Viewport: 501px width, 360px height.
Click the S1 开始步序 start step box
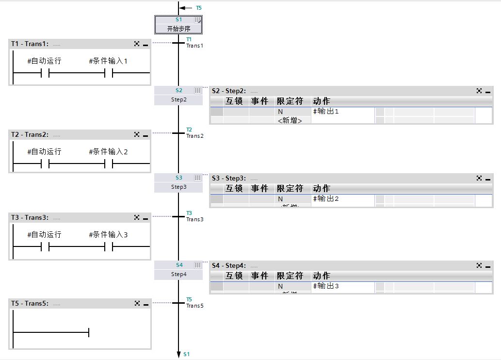(x=178, y=24)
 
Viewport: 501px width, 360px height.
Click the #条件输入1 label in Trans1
(x=108, y=61)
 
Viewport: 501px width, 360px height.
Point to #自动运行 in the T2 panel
(x=44, y=152)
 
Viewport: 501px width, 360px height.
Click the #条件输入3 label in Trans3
(x=108, y=235)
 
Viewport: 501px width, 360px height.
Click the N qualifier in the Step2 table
(x=280, y=112)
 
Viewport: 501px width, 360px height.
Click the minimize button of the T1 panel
(x=145, y=44)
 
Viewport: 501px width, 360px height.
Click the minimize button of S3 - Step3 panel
(x=487, y=179)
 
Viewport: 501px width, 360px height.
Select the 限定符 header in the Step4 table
(x=290, y=276)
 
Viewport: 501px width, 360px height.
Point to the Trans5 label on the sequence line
(x=195, y=306)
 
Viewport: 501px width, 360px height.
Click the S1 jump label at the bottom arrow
(x=187, y=354)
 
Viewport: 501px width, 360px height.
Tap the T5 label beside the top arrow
(x=199, y=8)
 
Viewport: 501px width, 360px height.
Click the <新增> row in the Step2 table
(x=290, y=120)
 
